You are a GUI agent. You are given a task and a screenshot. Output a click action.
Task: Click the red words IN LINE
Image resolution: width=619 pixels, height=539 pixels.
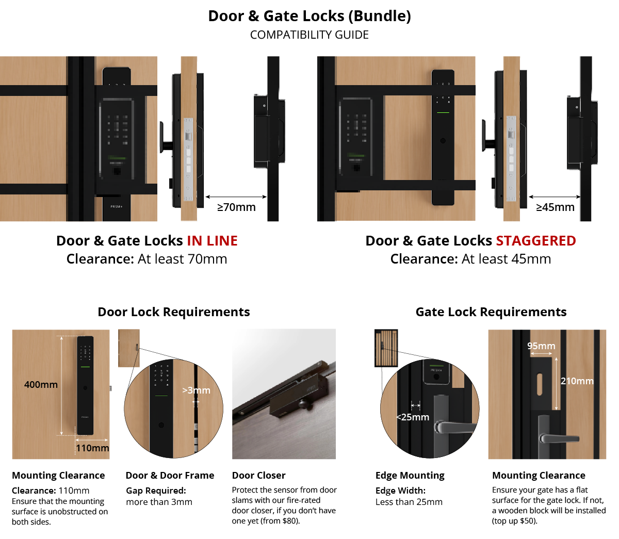[x=212, y=241]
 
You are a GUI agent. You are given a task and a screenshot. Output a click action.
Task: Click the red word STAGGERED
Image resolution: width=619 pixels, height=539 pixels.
[x=536, y=241]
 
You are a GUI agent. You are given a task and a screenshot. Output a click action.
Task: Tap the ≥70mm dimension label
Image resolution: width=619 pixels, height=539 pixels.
[x=236, y=207]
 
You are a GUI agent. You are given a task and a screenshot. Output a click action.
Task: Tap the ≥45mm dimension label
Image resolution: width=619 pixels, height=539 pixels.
[x=555, y=207]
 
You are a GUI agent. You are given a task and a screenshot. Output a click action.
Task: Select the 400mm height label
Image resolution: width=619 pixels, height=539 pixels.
[x=41, y=384]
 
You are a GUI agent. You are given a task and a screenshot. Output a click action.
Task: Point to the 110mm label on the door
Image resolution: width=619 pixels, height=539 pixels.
[x=92, y=448]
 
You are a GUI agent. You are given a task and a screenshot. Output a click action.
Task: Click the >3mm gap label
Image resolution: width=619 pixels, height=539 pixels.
[x=197, y=390]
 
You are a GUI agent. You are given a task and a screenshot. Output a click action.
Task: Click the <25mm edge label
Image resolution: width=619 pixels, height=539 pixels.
[x=412, y=417]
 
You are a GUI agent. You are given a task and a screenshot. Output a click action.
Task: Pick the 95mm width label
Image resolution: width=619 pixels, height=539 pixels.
[x=541, y=346]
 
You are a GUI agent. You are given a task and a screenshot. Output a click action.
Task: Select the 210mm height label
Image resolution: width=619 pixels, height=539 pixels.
[x=577, y=381]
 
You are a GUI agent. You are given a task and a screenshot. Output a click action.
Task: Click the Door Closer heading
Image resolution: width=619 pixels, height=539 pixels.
[x=258, y=475]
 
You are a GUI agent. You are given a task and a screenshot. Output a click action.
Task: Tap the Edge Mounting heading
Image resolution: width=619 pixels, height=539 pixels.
[x=410, y=476]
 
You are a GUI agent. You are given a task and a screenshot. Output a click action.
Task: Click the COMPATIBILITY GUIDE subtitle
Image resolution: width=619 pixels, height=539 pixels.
[x=309, y=35]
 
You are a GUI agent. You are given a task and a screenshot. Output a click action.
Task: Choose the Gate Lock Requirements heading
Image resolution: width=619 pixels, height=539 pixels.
[x=491, y=312]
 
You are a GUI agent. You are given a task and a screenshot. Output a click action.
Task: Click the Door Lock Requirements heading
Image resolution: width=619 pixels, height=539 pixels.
[x=174, y=312]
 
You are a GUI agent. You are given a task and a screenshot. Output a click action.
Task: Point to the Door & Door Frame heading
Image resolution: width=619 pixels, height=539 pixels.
[x=170, y=475]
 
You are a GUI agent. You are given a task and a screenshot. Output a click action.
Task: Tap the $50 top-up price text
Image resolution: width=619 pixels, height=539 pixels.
[x=528, y=521]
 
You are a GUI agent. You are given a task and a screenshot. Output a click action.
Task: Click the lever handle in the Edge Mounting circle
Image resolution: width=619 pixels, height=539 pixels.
[x=454, y=428]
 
